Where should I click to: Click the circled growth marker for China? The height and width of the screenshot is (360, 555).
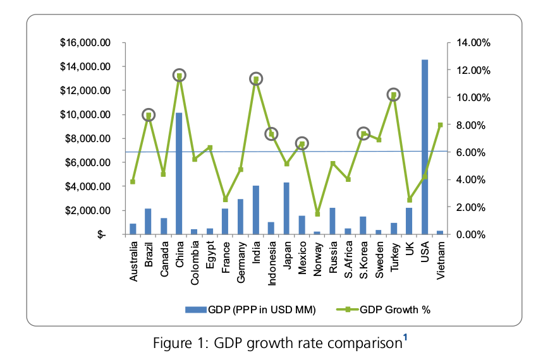(179, 76)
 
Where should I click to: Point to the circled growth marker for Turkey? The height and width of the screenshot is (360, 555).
(394, 95)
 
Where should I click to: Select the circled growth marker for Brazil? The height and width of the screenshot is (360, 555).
(149, 115)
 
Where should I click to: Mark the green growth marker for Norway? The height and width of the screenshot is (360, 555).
(317, 213)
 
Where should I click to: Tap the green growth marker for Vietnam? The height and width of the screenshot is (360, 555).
(440, 125)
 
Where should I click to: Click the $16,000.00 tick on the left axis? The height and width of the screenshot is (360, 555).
(85, 43)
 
